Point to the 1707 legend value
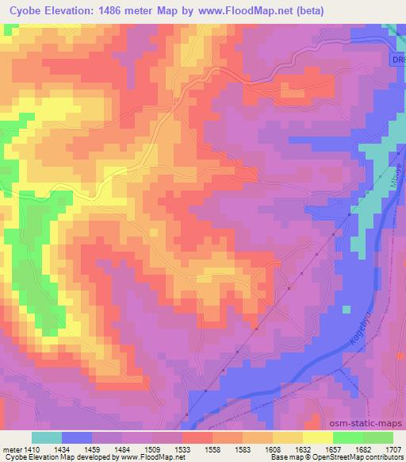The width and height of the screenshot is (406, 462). [x=393, y=448]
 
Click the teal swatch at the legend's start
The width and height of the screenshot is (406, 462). [x=47, y=437]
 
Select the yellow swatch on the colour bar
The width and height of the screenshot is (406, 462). [x=318, y=437]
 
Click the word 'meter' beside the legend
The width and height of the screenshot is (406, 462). [x=12, y=448]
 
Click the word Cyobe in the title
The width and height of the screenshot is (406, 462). [x=32, y=10]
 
